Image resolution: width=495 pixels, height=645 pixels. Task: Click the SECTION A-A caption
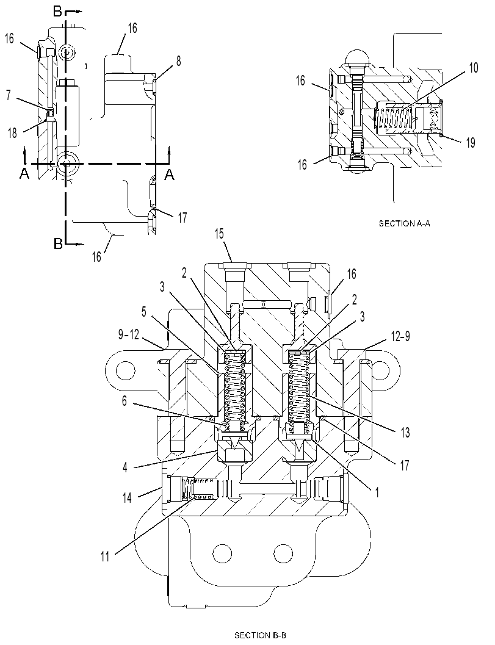click(404, 224)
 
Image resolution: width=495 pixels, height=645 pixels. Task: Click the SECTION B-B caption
click(260, 635)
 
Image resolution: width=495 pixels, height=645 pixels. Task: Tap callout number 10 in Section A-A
click(474, 68)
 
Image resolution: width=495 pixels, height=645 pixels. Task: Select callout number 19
click(471, 143)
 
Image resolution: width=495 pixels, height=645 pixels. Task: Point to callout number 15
click(219, 234)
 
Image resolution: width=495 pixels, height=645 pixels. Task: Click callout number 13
click(405, 432)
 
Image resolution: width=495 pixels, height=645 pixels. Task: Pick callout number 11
click(105, 557)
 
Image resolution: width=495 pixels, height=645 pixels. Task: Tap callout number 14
click(127, 497)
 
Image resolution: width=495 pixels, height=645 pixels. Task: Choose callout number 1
click(376, 492)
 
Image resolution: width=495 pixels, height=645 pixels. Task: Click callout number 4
click(125, 467)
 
